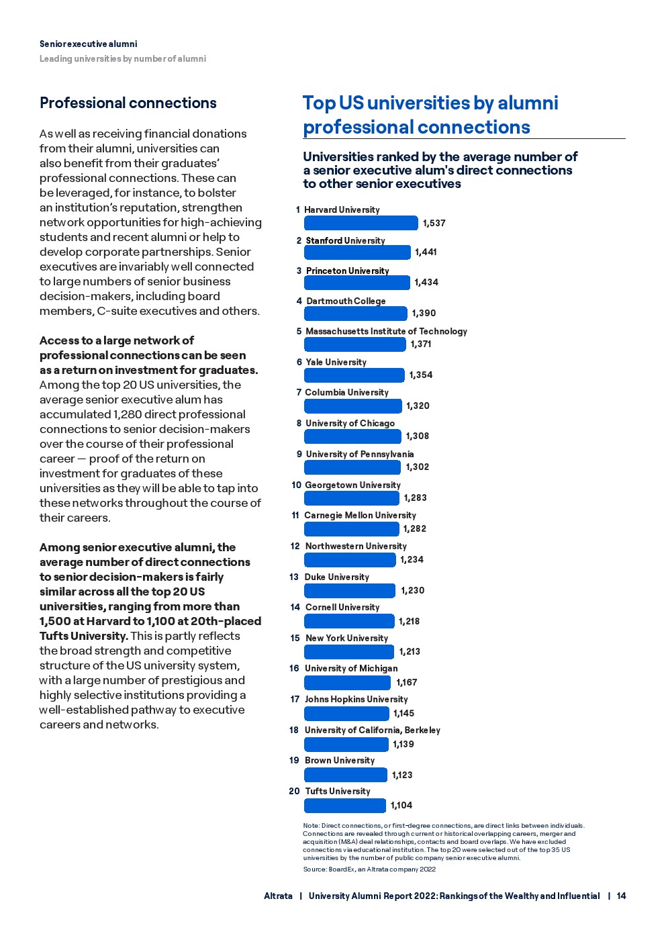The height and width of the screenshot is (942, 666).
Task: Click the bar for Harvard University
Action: (x=361, y=223)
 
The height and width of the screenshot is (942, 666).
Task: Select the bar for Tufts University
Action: (x=345, y=805)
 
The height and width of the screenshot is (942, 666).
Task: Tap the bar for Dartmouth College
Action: (x=356, y=313)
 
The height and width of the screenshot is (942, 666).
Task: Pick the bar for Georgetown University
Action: (x=352, y=498)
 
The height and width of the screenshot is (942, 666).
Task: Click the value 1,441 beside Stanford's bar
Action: (x=426, y=252)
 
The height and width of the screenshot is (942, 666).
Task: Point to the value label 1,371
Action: (x=421, y=344)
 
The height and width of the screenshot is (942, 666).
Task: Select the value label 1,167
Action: (x=407, y=682)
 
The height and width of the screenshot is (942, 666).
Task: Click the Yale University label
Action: (x=336, y=362)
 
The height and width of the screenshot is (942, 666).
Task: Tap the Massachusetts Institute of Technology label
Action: (x=386, y=331)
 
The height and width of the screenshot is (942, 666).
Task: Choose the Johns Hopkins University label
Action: (x=356, y=699)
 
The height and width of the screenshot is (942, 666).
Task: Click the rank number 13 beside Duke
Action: (x=294, y=577)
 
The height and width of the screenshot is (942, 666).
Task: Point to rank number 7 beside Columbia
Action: (x=299, y=392)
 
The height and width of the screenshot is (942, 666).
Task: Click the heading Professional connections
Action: (x=128, y=103)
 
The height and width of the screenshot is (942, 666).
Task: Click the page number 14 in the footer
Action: (x=621, y=896)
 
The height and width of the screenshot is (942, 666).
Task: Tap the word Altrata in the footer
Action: (x=278, y=896)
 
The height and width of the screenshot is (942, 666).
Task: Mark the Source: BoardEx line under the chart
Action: (x=369, y=869)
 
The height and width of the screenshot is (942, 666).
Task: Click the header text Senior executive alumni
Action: (x=88, y=44)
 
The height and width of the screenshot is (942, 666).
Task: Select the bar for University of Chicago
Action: (x=352, y=436)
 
